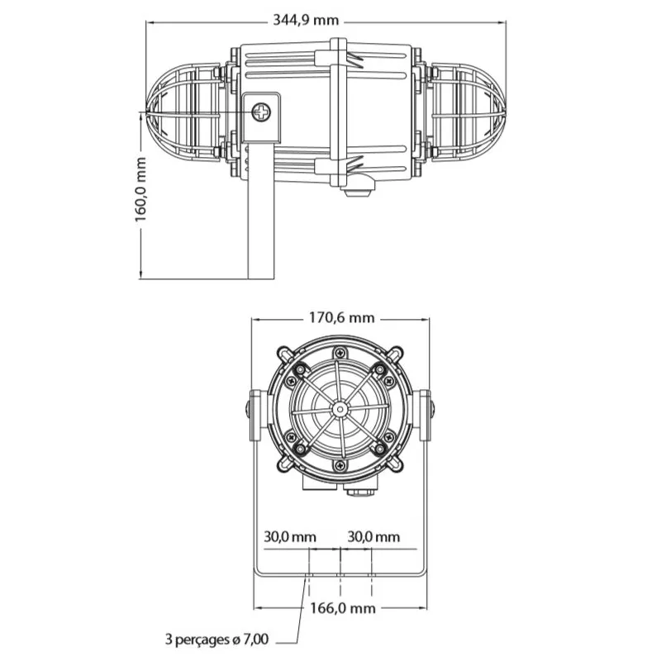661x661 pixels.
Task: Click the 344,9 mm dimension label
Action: (306, 20)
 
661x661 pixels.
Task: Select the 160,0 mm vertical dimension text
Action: (140, 189)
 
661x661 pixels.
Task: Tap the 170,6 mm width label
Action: (341, 317)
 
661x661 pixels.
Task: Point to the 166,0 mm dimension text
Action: (342, 608)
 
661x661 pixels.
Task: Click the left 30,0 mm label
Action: (290, 536)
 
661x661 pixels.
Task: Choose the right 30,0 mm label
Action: (373, 536)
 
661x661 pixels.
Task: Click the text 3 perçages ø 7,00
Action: (216, 640)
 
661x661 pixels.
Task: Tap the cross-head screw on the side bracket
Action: (261, 112)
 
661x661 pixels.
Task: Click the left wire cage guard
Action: (183, 112)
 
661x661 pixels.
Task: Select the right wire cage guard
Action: (468, 112)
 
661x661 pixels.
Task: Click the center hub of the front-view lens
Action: (339, 408)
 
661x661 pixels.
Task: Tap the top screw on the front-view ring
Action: (340, 353)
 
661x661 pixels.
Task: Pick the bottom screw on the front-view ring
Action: (340, 465)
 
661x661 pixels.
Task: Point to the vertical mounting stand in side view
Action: (260, 211)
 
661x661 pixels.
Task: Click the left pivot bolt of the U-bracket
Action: (248, 409)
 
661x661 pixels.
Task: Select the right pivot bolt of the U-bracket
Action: (432, 409)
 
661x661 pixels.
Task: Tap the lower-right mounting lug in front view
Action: (395, 464)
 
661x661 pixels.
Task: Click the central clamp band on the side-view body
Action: (338, 112)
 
